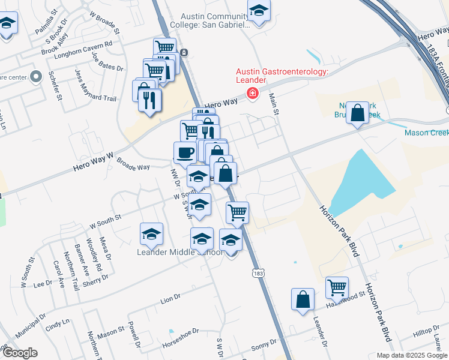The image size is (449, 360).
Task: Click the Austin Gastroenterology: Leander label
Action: point(282,77)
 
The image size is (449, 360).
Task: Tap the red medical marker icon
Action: point(253,93)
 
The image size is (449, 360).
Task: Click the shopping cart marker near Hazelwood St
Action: point(337,288)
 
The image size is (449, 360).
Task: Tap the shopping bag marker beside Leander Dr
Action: point(303,299)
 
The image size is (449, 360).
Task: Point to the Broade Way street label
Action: point(133,164)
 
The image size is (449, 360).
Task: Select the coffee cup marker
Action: point(185,152)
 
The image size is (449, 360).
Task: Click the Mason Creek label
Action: point(426,133)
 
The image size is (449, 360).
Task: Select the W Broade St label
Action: point(104,21)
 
